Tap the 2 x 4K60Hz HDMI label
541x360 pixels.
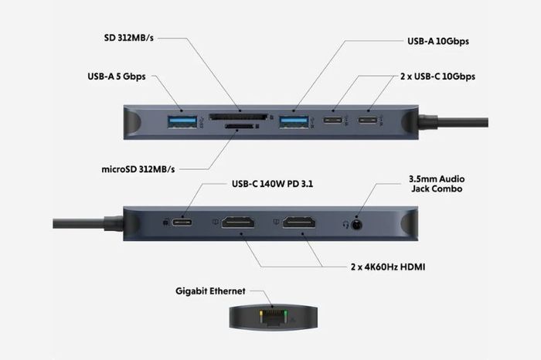pyautogui.click(x=387, y=267)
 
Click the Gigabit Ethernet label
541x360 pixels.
pyautogui.click(x=209, y=291)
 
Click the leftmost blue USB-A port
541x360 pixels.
pyautogui.click(x=182, y=121)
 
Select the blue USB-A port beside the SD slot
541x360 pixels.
pyautogui.click(x=293, y=121)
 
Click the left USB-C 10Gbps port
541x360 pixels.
pyautogui.click(x=333, y=121)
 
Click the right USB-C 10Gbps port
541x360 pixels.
pyautogui.click(x=369, y=121)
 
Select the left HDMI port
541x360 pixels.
pyautogui.click(x=239, y=223)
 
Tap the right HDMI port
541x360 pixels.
pyautogui.click(x=299, y=223)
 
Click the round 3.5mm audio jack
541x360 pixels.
pyautogui.click(x=357, y=223)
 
